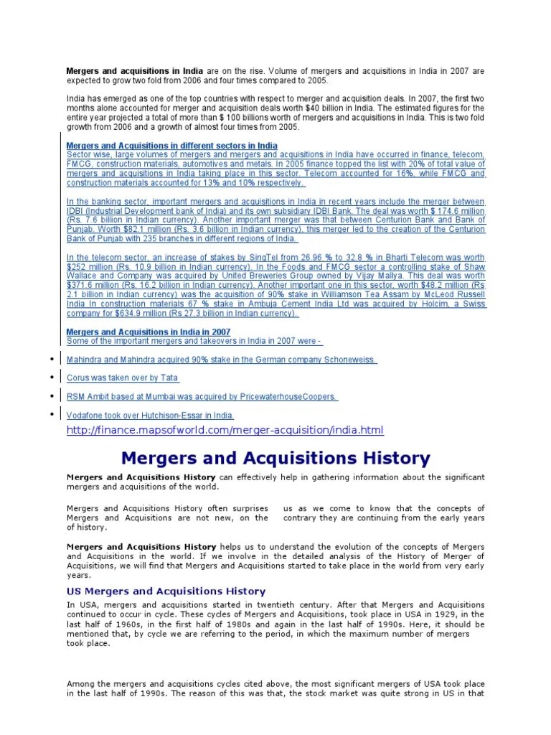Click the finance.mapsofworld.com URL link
(225, 430)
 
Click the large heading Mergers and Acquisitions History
(275, 458)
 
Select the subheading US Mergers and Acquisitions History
(166, 591)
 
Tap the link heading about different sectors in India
(171, 146)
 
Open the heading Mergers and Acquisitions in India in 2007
(148, 332)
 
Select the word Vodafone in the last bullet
(85, 416)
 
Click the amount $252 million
(86, 266)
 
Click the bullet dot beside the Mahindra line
(52, 360)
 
